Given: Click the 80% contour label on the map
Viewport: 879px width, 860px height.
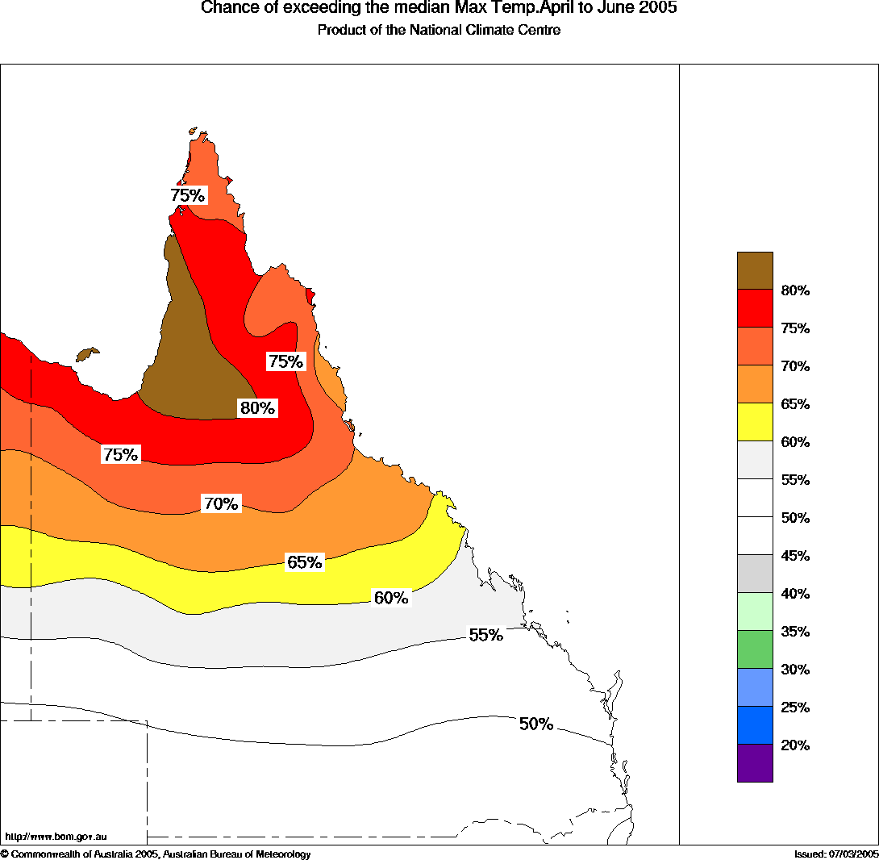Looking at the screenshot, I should coord(258,408).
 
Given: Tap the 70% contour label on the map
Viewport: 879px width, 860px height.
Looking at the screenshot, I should coord(221,504).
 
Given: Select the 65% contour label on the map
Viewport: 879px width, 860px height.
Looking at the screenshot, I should coord(305,562).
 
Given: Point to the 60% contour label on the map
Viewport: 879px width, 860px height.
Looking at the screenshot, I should coord(391,598).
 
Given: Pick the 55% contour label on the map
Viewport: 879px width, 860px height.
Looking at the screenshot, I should coord(485,635).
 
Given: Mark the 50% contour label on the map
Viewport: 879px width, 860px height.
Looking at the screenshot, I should coord(535,724).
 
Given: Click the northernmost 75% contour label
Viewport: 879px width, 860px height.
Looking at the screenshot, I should coord(188,195).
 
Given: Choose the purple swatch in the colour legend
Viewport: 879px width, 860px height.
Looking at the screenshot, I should coord(755,763).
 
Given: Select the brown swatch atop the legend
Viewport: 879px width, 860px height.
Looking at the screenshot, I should coord(755,270).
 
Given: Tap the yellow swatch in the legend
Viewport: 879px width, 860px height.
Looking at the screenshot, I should coord(755,422).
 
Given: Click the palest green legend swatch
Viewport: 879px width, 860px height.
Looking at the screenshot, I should coord(755,612).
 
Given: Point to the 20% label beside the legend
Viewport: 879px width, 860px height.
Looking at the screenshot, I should coord(795,745).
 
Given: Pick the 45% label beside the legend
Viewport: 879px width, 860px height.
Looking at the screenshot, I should coord(795,556).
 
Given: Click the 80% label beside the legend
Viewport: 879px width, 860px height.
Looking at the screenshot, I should coord(795,290).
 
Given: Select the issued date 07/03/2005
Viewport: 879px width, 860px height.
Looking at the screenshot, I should coord(835,854).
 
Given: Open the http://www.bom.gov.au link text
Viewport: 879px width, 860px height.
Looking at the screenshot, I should coord(56,837).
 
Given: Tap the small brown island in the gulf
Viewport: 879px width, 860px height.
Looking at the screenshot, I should coord(86,354).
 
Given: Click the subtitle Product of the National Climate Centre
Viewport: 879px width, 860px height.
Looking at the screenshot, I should coord(439,31).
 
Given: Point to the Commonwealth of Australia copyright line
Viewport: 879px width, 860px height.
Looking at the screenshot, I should coord(156,854).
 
